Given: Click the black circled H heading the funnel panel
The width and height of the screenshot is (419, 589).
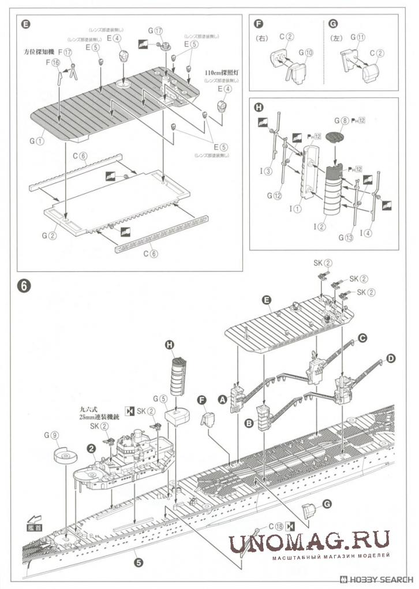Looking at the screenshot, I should (x=259, y=107).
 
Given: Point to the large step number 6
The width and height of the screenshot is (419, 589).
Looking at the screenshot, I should (x=24, y=286).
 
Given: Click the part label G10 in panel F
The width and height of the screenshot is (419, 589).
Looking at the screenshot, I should (x=305, y=52).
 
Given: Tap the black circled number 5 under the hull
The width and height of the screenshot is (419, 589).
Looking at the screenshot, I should (x=139, y=560).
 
